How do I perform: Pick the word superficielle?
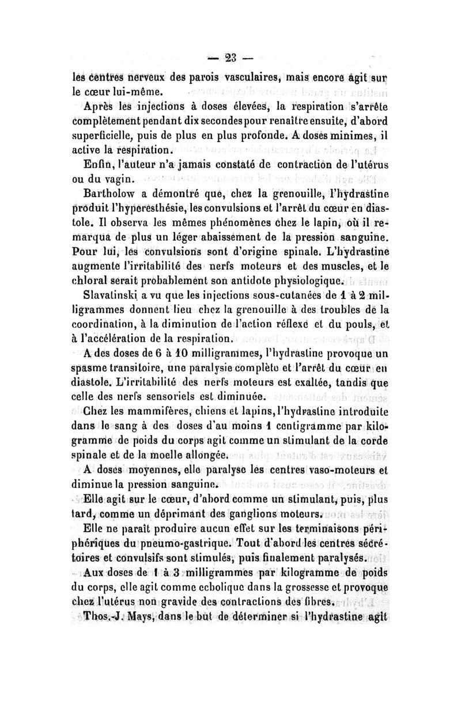(x=108, y=136)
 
